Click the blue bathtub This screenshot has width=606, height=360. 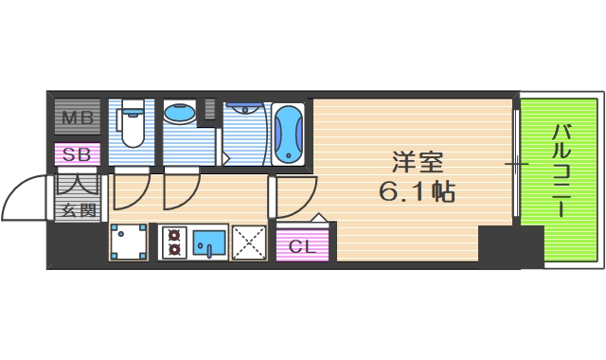pos(288,133)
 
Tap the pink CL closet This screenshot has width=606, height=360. pos(300,247)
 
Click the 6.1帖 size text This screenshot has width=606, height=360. pos(418,192)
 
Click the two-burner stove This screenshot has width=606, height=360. pos(173,243)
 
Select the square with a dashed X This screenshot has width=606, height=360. pos(250,243)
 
